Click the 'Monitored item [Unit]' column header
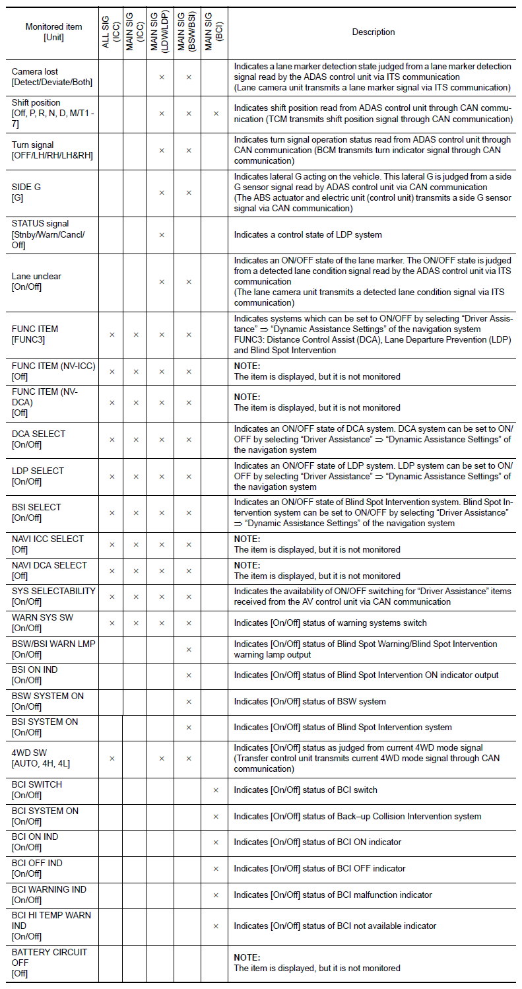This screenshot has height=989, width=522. tap(53, 32)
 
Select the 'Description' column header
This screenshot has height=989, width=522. tap(374, 32)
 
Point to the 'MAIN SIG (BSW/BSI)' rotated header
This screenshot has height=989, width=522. tap(188, 32)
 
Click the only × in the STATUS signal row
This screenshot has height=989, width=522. tap(162, 234)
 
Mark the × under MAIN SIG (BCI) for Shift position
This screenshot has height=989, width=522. tap(215, 114)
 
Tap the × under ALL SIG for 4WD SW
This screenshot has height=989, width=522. tap(112, 758)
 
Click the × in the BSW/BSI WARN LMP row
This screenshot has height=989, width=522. tap(188, 649)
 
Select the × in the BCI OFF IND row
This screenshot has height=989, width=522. tap(215, 868)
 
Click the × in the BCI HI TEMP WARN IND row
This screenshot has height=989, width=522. tap(215, 926)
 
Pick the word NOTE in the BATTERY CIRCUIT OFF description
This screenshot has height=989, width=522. tap(247, 957)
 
